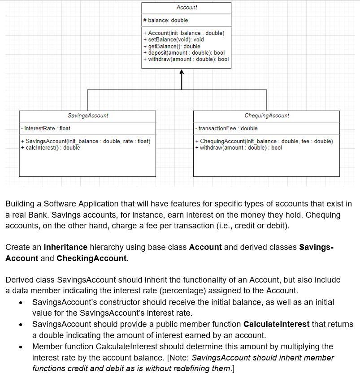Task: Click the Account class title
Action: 187,8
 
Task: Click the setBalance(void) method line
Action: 173,39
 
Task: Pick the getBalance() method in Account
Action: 172,46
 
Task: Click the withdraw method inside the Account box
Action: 186,59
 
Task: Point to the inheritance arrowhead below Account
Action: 181,72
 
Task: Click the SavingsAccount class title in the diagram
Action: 88,116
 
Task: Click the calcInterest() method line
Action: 50,148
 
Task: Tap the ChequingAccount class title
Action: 267,116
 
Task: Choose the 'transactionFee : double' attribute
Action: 227,129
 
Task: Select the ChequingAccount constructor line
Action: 264,141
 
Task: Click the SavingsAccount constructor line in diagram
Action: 86,141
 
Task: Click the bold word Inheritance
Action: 65,247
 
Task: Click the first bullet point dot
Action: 21,303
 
